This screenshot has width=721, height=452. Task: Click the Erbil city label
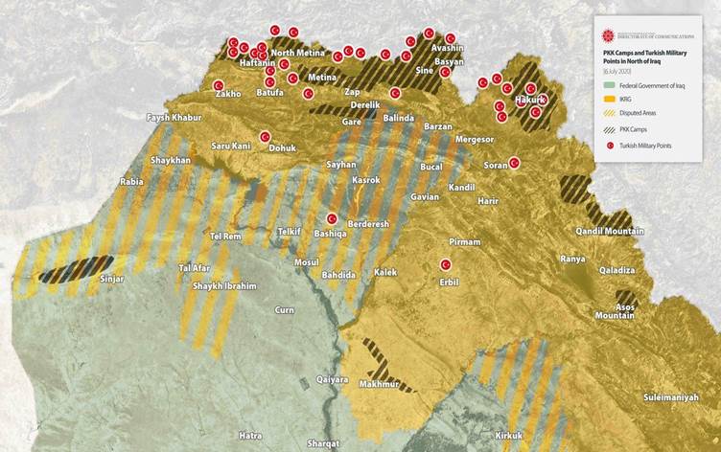click(x=449, y=282)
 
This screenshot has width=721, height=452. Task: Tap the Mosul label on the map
click(x=307, y=261)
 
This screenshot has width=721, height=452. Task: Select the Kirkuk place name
click(x=509, y=436)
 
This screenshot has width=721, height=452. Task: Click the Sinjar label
click(x=112, y=280)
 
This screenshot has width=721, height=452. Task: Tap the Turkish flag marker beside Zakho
click(x=219, y=84)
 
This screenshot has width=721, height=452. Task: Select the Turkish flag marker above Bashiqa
click(x=332, y=218)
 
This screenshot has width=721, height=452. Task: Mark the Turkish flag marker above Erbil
click(x=445, y=264)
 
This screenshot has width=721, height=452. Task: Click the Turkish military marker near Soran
click(x=514, y=163)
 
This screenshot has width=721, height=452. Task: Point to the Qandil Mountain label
click(x=610, y=231)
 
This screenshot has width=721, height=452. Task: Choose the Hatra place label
click(x=250, y=436)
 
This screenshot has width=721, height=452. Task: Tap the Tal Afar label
click(x=194, y=268)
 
